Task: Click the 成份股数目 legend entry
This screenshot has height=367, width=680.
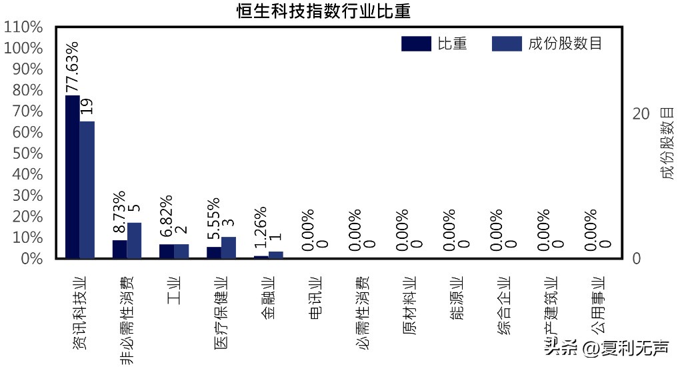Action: coord(547,43)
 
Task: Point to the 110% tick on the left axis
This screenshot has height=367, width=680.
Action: coord(23,28)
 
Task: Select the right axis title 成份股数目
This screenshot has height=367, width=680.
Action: coord(667,143)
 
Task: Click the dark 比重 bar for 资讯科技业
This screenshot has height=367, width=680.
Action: coord(73,177)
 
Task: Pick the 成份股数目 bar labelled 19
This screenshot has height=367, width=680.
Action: coord(87,190)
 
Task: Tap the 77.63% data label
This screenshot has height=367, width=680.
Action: coord(72,67)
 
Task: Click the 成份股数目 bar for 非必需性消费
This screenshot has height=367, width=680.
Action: coord(135,240)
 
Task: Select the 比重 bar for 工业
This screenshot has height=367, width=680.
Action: coord(167,251)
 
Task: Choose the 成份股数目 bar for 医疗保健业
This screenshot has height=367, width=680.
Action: coord(229,247)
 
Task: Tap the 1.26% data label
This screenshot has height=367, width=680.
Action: coord(261,228)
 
